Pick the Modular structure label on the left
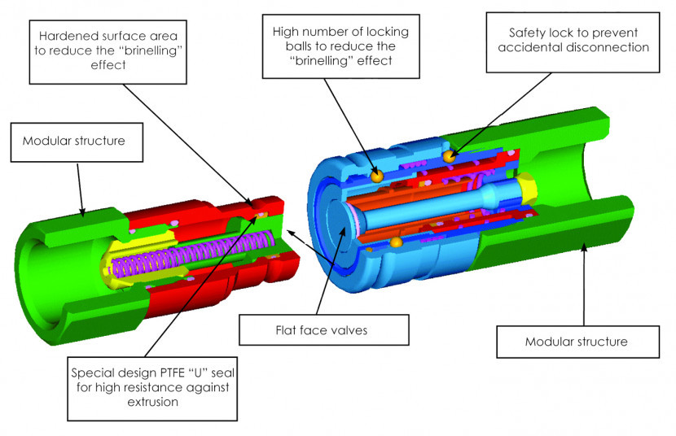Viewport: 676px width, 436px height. tap(73, 141)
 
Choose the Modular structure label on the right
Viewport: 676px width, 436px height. tap(576, 341)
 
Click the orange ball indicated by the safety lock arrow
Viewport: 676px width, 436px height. tap(448, 155)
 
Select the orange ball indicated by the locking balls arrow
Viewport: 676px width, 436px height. tap(376, 175)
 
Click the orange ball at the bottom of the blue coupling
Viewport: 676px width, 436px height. tap(396, 242)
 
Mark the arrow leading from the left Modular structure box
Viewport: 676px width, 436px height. tap(80, 187)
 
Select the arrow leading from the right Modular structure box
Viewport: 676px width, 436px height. tap(584, 285)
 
